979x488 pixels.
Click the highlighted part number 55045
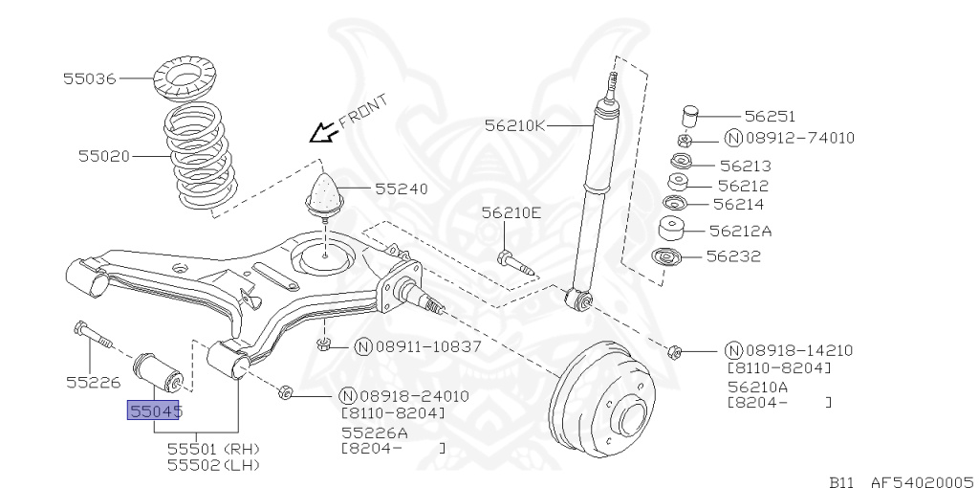pos(154,411)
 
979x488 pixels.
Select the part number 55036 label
pos(90,78)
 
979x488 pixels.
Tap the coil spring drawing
pos(202,156)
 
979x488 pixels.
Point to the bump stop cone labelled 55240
pos(325,193)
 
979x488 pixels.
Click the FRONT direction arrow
pos(324,128)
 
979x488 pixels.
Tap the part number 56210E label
pos(511,212)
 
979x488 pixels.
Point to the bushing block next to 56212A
pos(673,230)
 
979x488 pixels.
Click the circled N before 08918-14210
pos(733,350)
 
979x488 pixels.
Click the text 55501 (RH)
pos(213,448)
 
